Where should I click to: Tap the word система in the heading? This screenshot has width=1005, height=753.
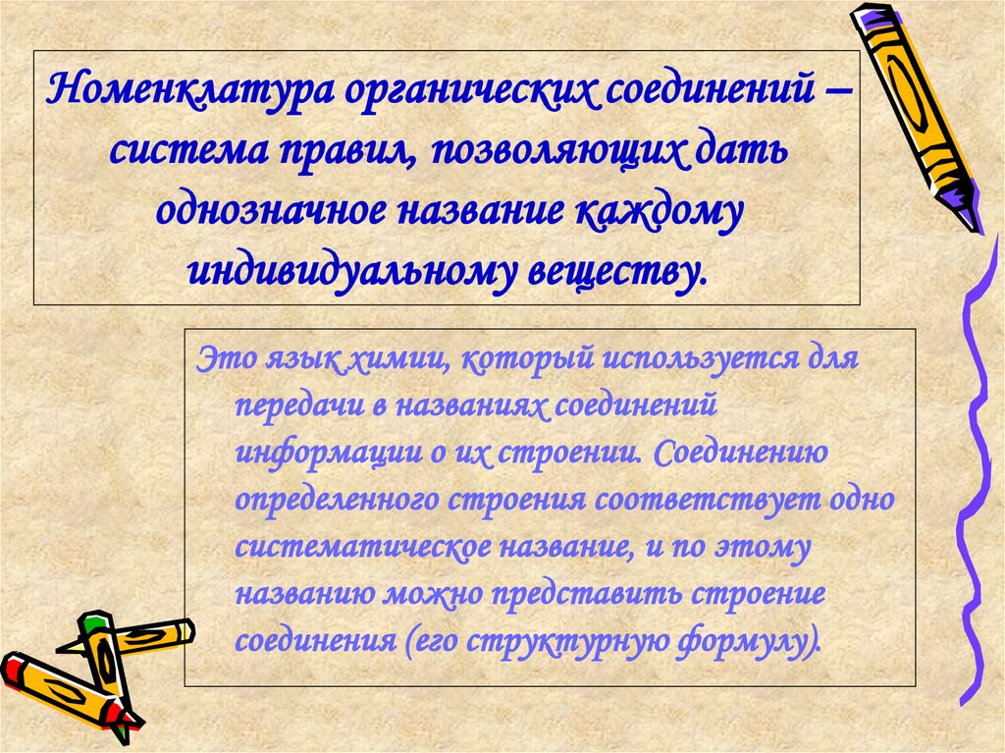click(191, 152)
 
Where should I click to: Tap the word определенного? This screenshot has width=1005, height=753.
click(336, 502)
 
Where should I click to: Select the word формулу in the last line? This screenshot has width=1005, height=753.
click(760, 643)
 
